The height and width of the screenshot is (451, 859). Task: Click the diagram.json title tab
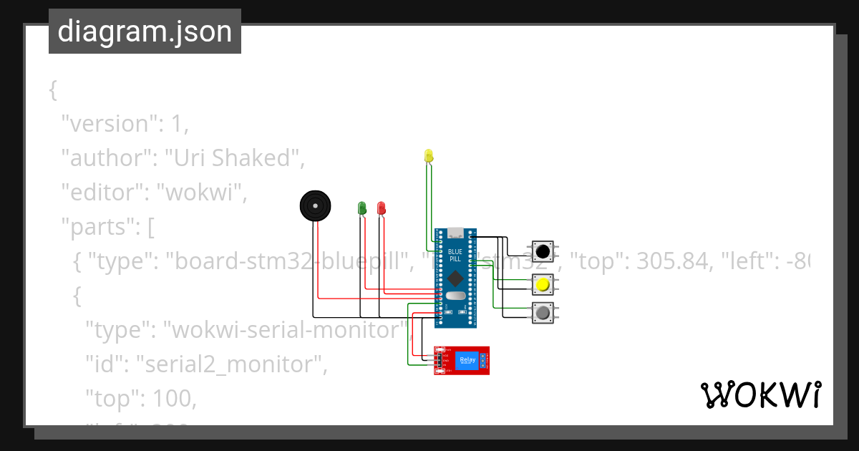145,31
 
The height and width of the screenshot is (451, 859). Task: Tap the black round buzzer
316,206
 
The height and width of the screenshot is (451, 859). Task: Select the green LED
362,208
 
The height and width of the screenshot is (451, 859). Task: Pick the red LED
382,208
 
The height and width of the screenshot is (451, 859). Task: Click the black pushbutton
543,251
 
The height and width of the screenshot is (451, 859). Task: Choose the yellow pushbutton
543,285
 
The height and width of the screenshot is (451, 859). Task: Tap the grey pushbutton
543,313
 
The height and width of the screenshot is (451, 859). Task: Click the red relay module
462,360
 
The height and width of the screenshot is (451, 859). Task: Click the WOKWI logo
760,394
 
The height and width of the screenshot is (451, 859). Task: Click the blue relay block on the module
467,360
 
